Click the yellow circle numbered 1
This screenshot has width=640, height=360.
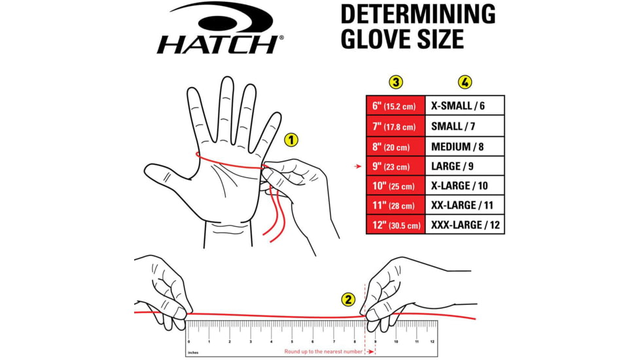point(291,139)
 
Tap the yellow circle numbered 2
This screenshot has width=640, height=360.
point(349,299)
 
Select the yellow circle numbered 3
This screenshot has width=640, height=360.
point(395,82)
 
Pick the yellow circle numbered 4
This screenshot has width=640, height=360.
point(465,82)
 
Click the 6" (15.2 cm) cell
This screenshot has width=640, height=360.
point(395,105)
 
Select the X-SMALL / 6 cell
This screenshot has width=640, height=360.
point(465,105)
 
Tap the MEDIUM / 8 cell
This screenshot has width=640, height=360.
point(465,146)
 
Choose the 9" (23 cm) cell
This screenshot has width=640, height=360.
point(395,166)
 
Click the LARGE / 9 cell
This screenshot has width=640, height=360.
point(465,166)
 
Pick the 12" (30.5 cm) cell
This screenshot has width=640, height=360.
point(395,225)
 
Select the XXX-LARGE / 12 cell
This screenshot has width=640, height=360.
point(465,225)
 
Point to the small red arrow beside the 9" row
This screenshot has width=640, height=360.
point(357,166)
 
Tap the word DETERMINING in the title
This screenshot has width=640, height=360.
point(418,13)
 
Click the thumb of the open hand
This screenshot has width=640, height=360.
point(164,175)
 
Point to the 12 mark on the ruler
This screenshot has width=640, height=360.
point(432,341)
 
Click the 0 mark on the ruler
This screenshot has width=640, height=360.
point(189,341)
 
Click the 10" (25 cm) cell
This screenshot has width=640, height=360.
point(395,187)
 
